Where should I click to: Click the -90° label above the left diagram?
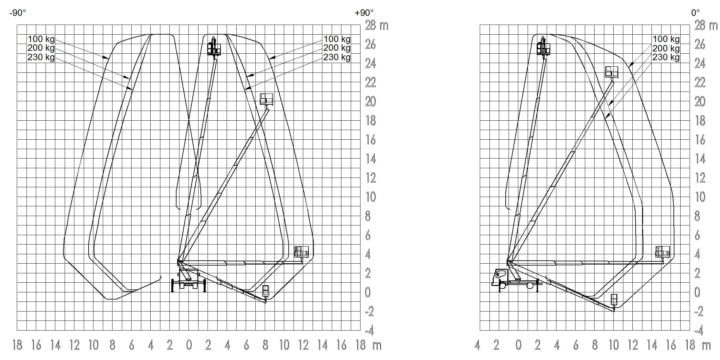coord(18,13)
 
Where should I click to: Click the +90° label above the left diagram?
coord(364,13)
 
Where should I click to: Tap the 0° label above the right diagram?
coord(695,13)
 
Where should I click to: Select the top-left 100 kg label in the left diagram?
coord(41,39)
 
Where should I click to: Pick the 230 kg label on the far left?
coord(41,58)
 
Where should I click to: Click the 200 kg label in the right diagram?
coord(666,48)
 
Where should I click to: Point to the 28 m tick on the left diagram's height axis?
coord(377,25)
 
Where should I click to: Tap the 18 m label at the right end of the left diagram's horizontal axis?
coord(368,345)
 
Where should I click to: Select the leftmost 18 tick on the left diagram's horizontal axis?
coord(17,345)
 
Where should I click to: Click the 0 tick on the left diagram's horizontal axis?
coord(189,345)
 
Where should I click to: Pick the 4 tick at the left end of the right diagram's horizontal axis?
coord(477,345)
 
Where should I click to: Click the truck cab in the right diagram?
coord(500,278)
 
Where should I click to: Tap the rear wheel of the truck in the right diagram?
coord(530,285)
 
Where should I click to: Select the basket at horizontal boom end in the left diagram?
coord(301,252)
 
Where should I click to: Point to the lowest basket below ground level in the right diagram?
coord(614,300)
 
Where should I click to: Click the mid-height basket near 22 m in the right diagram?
coord(611,72)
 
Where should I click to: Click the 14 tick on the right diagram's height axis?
coord(700,159)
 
